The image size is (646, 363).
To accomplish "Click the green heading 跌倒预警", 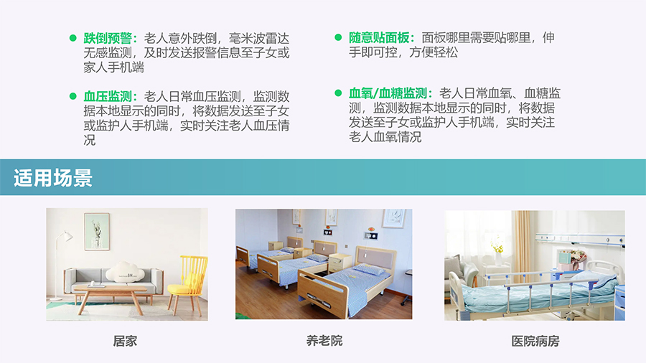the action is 108,38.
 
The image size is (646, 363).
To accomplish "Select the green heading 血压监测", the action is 108,96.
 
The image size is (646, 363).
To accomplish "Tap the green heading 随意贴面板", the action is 379,38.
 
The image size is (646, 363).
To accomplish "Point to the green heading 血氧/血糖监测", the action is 388,93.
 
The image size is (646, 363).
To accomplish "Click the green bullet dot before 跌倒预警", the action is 73,38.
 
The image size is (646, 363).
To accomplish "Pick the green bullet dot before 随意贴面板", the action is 338,37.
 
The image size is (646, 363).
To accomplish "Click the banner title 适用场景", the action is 52,178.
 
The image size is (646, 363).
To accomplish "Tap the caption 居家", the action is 125,341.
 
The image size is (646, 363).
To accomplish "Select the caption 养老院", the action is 324,340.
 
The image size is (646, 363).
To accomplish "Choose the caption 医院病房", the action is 535,341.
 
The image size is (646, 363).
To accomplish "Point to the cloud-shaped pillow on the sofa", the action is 125,273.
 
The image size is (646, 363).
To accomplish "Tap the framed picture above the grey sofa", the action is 97,232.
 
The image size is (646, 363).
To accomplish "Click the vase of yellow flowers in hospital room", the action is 497,251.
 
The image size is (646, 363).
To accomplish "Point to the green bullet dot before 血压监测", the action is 73,96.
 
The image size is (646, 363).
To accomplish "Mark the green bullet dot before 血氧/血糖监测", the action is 338,93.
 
